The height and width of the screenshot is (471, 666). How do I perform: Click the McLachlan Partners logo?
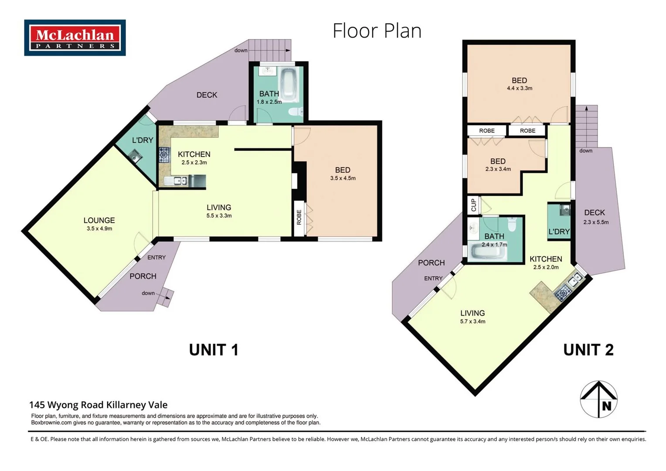click(x=75, y=38)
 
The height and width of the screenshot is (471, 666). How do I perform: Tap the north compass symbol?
click(x=598, y=399)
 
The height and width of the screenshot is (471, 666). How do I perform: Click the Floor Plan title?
click(x=377, y=31)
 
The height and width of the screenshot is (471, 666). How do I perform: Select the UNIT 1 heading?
click(x=214, y=350)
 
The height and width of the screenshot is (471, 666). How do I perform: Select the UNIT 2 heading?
click(x=588, y=350)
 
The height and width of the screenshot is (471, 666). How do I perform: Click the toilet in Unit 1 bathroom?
click(x=296, y=112)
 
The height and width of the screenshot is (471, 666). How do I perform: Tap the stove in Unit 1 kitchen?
click(x=164, y=154)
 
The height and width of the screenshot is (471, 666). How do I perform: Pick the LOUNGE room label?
click(x=99, y=221)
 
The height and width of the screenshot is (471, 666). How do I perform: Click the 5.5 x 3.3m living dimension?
click(x=219, y=216)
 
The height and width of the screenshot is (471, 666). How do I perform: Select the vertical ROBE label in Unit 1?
click(x=299, y=217)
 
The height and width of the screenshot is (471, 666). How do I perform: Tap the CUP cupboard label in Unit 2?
click(x=473, y=205)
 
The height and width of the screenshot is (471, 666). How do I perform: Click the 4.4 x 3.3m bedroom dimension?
click(x=519, y=89)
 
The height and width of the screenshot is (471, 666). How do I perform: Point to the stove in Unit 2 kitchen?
click(x=562, y=293)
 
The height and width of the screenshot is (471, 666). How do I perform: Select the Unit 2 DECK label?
click(x=595, y=213)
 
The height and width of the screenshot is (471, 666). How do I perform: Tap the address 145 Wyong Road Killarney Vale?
click(x=99, y=405)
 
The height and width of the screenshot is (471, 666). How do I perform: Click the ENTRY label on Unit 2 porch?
click(x=433, y=279)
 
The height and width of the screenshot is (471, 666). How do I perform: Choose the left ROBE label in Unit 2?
click(x=486, y=131)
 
